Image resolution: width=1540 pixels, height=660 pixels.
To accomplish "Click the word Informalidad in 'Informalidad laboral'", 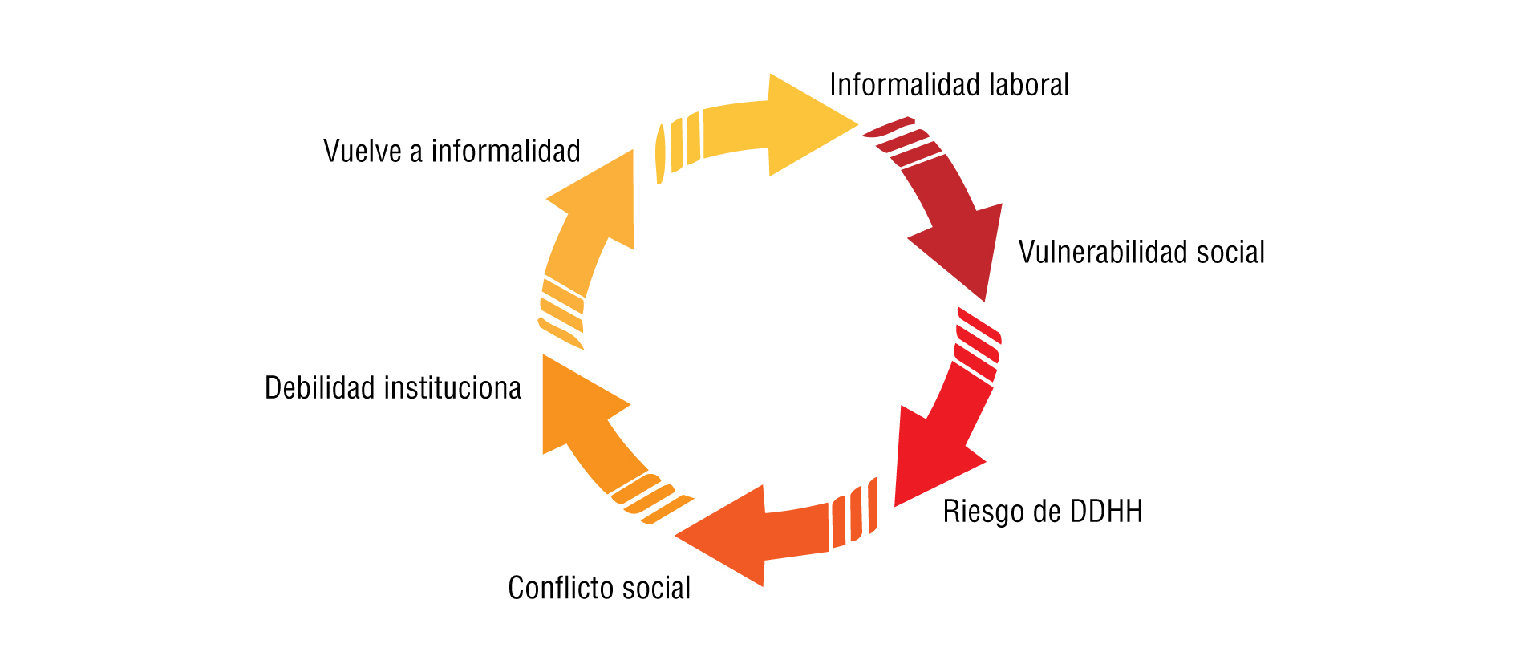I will (x=893, y=85).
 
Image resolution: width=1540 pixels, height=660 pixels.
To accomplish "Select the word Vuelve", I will (x=363, y=152).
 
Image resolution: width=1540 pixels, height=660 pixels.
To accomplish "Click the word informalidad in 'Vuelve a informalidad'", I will (x=505, y=151).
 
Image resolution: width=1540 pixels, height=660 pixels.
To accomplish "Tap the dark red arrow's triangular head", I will (x=962, y=249).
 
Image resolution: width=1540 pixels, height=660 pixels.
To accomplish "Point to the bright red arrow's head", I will (x=930, y=461).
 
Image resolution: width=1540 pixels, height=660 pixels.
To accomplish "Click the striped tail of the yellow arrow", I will (x=679, y=144).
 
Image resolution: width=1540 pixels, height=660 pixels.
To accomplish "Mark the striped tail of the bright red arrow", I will (x=977, y=345).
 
